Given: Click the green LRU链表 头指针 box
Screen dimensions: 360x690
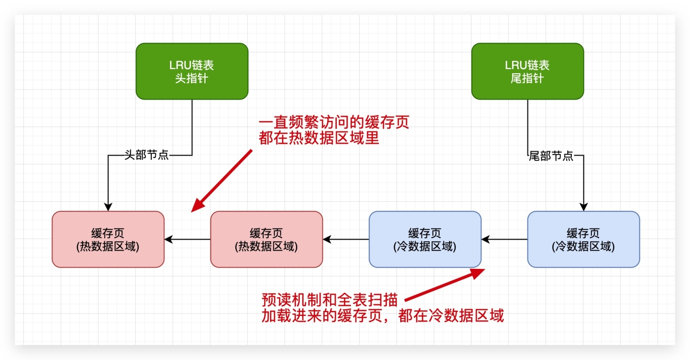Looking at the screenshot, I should click(x=192, y=71).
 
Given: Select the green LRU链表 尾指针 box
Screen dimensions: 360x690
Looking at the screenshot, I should click(x=528, y=71).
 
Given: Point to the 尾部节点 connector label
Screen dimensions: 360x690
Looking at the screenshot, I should click(x=551, y=156).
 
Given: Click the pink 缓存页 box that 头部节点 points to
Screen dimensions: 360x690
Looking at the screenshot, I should click(x=108, y=239).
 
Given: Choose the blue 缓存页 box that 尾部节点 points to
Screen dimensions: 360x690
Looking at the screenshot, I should click(x=583, y=239).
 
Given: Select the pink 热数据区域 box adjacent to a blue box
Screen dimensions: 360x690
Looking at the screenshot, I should click(x=266, y=239).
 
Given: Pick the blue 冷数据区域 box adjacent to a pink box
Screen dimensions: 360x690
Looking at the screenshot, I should click(x=425, y=239).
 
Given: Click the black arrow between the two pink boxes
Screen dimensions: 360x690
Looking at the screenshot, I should click(x=187, y=239).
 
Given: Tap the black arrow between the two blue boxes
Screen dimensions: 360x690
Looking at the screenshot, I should click(x=504, y=239).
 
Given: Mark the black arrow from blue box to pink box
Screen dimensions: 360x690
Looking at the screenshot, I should click(x=346, y=239).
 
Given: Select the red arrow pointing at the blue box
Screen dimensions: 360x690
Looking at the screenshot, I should click(x=444, y=285).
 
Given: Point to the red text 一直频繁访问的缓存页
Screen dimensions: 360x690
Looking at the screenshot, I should click(x=333, y=123).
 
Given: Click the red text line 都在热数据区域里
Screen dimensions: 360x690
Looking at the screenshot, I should click(x=319, y=138).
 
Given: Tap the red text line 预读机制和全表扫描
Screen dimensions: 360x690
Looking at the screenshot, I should click(x=329, y=300).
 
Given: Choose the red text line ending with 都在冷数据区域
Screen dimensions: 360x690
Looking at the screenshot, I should click(x=383, y=316).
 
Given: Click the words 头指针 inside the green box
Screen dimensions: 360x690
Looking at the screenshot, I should click(x=192, y=78).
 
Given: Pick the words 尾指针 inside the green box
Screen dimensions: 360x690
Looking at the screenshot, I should click(x=528, y=78).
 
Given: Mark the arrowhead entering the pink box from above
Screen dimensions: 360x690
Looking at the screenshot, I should click(x=108, y=207).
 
